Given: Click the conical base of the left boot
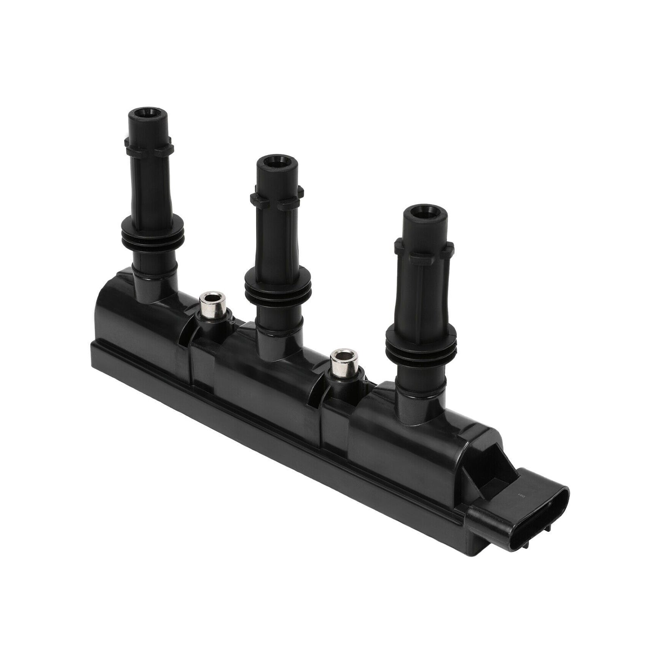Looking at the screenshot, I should [x=152, y=283].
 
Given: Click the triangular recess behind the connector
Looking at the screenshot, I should [x=492, y=470].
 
